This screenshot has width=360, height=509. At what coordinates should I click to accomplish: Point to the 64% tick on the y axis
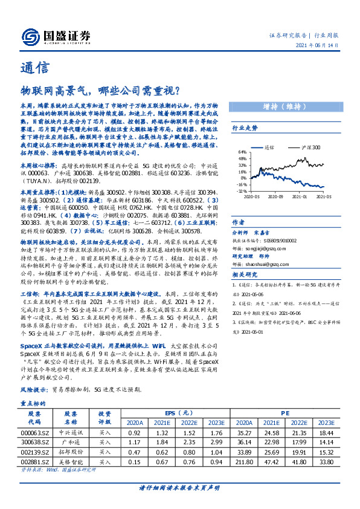pos(242,152)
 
